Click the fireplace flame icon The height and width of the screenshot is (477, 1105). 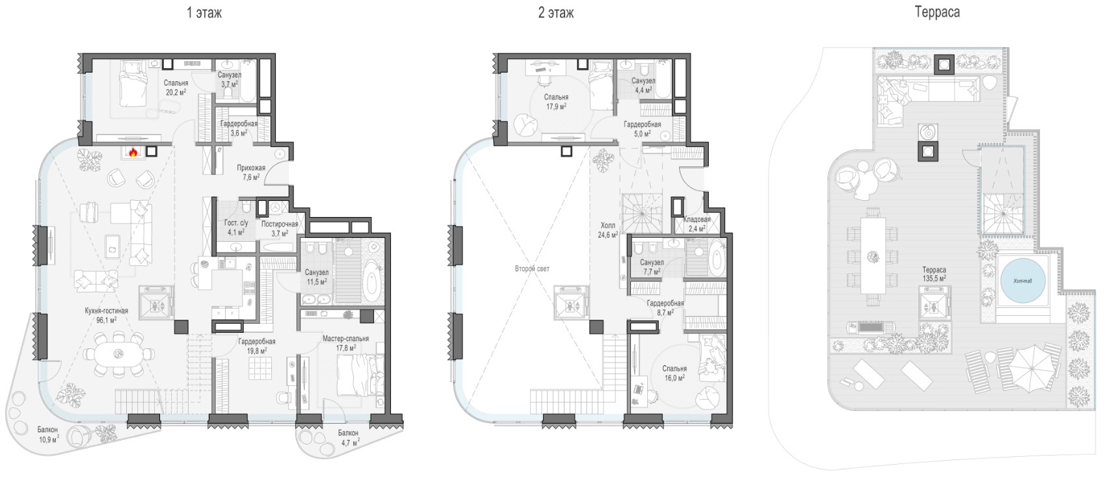point(132,152)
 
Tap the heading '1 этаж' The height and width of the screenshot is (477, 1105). point(204,13)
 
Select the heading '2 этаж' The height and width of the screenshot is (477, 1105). point(556,13)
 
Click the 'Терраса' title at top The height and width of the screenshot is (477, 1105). point(937,12)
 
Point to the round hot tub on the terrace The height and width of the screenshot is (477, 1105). point(1022,281)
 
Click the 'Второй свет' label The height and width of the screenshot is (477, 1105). point(532,269)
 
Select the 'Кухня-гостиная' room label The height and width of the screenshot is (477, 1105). point(106,311)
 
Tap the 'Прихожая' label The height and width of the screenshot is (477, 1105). point(251,168)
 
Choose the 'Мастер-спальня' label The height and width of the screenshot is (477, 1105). point(346,339)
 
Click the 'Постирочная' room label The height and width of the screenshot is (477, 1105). point(280,224)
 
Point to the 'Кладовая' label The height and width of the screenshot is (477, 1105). point(697,220)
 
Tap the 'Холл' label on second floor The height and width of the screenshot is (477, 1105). point(607,226)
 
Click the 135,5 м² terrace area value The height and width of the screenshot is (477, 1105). point(935,278)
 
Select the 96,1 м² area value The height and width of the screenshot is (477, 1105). point(107,320)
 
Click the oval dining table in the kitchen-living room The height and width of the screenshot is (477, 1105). point(118,354)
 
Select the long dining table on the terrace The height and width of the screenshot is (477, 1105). point(873,256)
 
